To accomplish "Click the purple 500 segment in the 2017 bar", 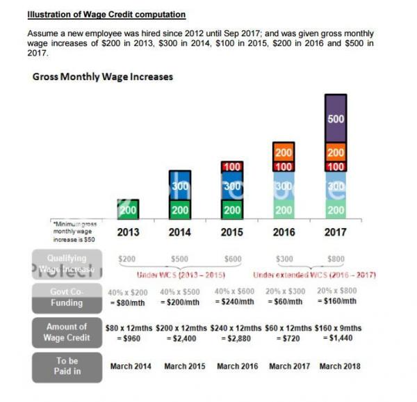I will coord(336,119).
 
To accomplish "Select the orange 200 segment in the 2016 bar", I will coord(284,152).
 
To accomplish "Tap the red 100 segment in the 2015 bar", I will coord(232,168).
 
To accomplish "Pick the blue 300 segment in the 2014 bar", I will coord(180,186).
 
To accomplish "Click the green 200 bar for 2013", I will coord(128,209).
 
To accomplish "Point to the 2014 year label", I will coord(180,232).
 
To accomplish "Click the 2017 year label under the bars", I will coord(336,232).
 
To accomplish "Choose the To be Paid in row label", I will coord(66,366).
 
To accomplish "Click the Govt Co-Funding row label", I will coord(66,297).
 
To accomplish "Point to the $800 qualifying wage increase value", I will coord(336,259).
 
